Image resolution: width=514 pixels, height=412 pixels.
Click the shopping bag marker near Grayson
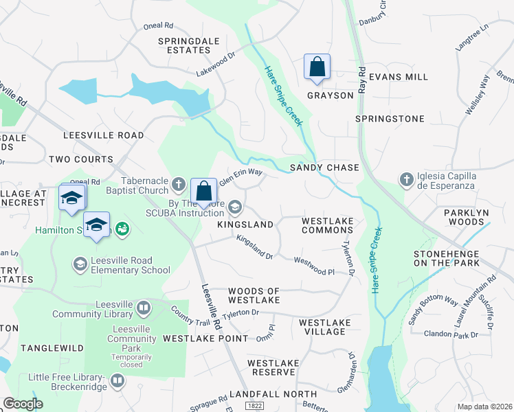317,67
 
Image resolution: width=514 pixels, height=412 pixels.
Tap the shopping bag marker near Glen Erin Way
204,190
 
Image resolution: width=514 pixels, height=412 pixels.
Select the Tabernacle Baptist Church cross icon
178,183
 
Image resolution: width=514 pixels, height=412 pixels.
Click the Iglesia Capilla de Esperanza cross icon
406,180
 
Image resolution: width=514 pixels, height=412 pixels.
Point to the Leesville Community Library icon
144,308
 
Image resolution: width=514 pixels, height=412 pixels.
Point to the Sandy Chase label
324,168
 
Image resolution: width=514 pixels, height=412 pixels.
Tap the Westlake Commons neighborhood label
327,225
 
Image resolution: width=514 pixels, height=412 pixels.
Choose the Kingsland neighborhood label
245,225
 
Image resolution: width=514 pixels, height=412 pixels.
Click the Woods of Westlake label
254,296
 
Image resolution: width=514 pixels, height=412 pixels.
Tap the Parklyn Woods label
466,218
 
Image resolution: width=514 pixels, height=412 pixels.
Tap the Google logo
23,404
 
